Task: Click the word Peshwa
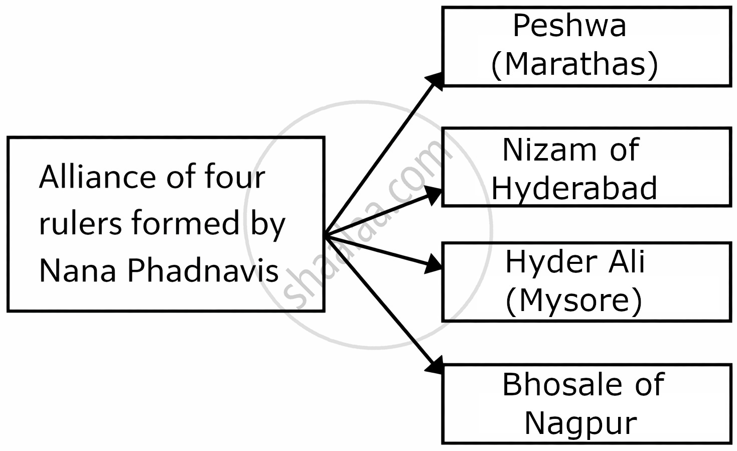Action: point(569,26)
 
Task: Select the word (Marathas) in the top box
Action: point(574,65)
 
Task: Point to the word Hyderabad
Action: point(574,188)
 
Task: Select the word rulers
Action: point(80,223)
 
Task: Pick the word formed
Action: point(186,223)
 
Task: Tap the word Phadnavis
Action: point(203,270)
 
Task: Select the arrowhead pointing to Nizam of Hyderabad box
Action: point(434,195)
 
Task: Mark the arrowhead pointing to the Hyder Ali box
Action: point(433,264)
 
